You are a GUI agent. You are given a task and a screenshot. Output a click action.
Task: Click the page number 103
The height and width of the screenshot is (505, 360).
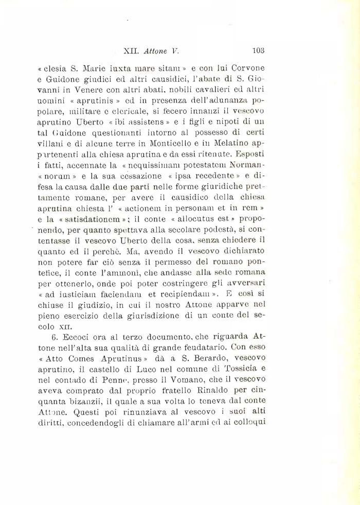(258, 51)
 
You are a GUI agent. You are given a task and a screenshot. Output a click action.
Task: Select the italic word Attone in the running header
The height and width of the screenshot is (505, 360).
(157, 51)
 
